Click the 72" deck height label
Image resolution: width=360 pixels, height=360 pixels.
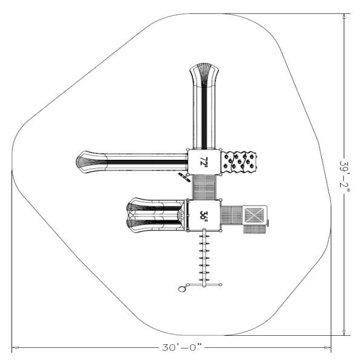[203, 162]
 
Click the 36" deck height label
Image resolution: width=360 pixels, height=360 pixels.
[203, 216]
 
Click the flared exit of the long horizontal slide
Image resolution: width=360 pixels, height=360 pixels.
[91, 162]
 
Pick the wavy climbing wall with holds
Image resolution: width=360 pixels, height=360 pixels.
[238, 162]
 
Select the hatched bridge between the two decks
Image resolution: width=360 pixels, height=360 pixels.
[204, 187]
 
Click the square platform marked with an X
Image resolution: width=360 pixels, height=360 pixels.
[254, 215]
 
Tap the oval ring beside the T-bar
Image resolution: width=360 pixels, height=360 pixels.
[182, 289]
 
